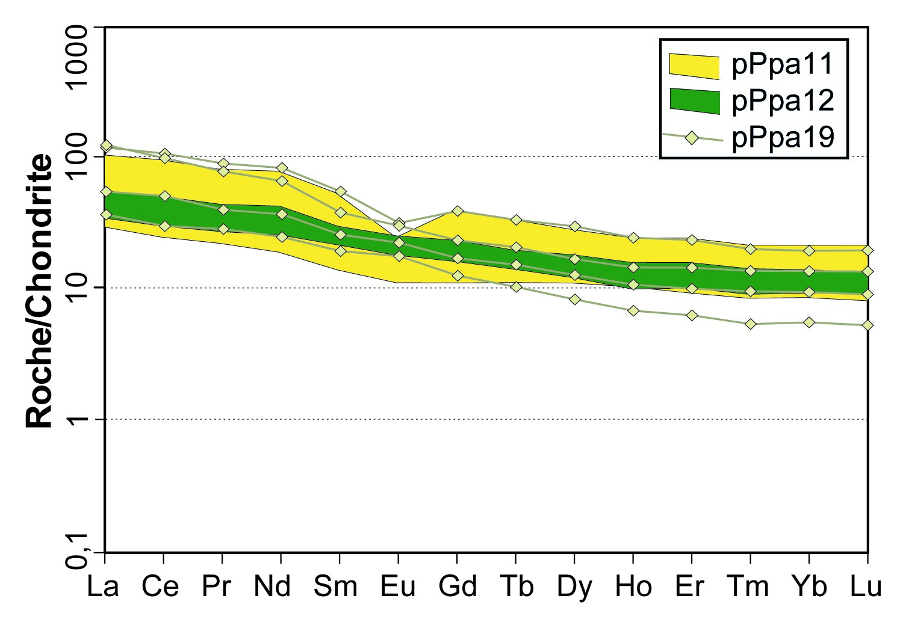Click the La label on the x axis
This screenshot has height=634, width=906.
pos(103,586)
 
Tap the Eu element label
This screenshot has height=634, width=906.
pos(398,586)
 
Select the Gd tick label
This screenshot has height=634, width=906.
pos(458,586)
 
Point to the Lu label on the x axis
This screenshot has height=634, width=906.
pos(866,586)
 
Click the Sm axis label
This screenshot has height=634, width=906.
pos(336,586)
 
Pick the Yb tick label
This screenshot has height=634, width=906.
pos(810,586)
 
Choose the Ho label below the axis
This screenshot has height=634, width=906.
pos(633,586)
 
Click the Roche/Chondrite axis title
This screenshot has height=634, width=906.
pos(40,291)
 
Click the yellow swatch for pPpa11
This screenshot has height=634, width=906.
pos(694,66)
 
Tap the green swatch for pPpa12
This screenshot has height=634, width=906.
pos(694,101)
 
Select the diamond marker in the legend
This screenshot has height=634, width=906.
pos(692,138)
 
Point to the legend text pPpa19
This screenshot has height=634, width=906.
pos(783,138)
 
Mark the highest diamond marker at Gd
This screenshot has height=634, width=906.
pos(458,211)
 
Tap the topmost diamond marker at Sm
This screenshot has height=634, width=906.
pos(340,192)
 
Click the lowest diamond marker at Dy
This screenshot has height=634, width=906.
pos(575,299)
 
